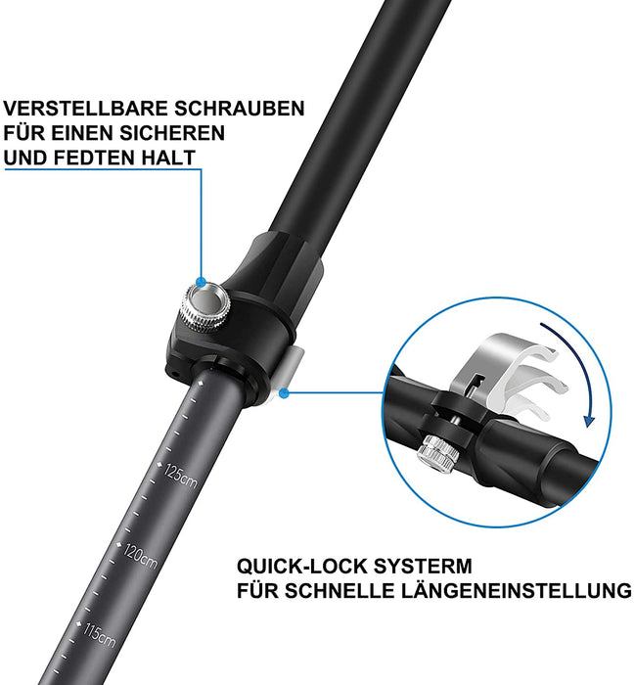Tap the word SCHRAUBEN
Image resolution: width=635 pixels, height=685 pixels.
pos(249,109)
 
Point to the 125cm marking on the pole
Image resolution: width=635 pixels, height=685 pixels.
pos(182,477)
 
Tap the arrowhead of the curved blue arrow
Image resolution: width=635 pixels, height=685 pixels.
pos(589,420)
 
